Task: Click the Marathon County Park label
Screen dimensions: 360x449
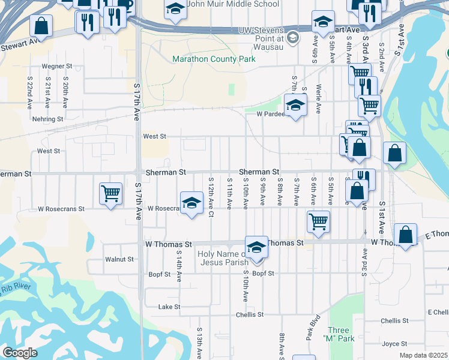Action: (214, 59)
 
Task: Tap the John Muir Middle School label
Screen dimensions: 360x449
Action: (233, 4)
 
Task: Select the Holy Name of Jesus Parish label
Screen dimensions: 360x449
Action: (223, 258)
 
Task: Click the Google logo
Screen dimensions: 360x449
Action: (20, 353)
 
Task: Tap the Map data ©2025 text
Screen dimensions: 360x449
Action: (423, 355)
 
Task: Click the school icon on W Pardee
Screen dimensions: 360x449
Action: (295, 106)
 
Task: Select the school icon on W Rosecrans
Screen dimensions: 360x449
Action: (191, 202)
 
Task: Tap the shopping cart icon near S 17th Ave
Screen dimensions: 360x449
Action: (110, 193)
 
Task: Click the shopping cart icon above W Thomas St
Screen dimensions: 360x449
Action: (318, 220)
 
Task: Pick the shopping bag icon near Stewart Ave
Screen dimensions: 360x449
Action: (41, 25)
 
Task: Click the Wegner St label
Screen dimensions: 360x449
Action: (56, 66)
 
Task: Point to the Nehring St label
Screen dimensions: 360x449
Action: (48, 119)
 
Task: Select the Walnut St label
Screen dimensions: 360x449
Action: (119, 260)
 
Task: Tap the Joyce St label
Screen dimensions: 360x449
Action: (394, 344)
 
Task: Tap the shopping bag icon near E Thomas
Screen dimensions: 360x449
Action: (406, 234)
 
